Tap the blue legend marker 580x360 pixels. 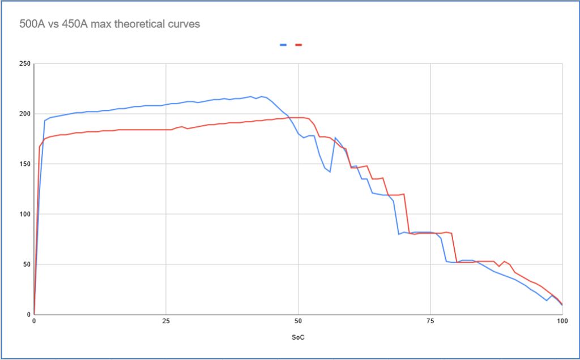click(283, 45)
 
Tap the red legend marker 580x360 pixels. click(298, 45)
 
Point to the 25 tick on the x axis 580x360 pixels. click(166, 321)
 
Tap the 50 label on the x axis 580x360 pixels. click(298, 321)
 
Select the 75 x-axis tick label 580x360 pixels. click(430, 321)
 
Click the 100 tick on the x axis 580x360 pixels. click(562, 321)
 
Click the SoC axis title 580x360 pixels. click(298, 337)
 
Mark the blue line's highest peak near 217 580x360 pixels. click(251, 96)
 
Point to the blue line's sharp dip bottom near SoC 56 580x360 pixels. click(330, 172)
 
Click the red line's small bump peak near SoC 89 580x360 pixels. click(504, 262)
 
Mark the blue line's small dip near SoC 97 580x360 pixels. click(547, 301)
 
